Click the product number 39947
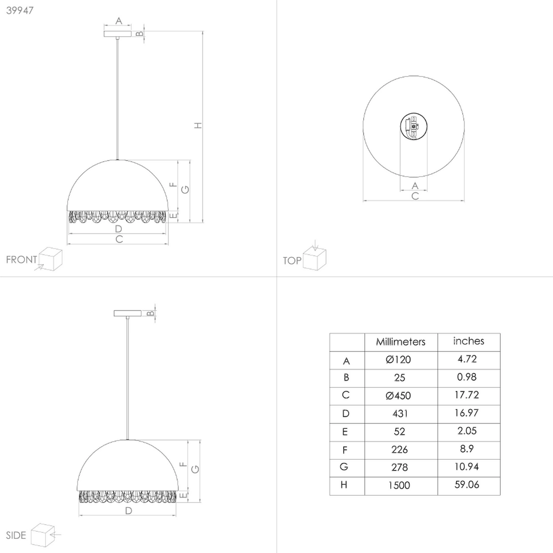click(x=20, y=10)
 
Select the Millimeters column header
click(x=401, y=342)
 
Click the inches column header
click(x=468, y=341)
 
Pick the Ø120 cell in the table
click(x=398, y=360)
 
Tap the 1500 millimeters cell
click(x=399, y=485)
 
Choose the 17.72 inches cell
click(x=467, y=395)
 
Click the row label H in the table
click(x=344, y=485)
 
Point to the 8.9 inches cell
click(x=467, y=449)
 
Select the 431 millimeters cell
click(x=400, y=413)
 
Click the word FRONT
click(x=21, y=260)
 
